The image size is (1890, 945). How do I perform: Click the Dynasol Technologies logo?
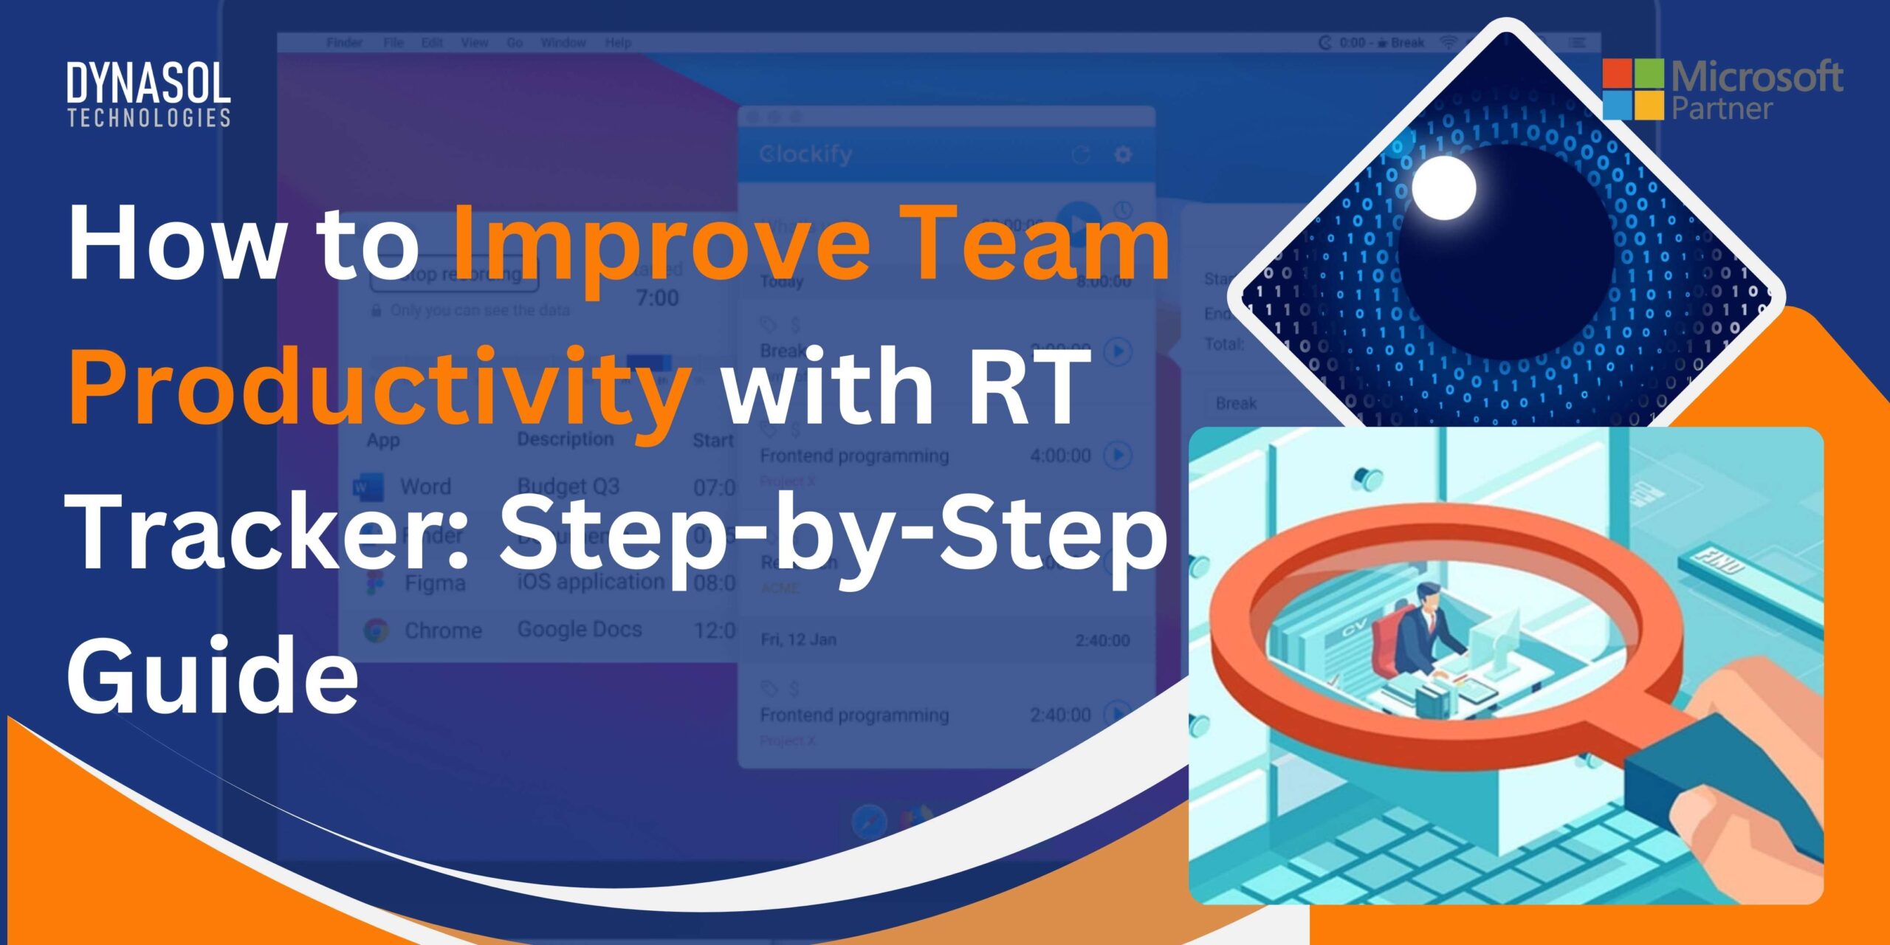tap(148, 94)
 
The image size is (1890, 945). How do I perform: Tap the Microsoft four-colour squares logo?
tap(1632, 89)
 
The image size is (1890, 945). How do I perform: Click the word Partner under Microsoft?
tap(1722, 109)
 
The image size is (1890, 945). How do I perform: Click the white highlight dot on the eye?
tap(1444, 188)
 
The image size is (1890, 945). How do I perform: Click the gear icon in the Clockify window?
tap(1122, 154)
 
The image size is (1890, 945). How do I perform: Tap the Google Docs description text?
tap(580, 629)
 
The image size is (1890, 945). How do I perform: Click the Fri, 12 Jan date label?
tap(798, 639)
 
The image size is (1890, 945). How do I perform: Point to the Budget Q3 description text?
tap(568, 487)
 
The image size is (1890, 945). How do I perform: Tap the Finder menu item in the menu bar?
tap(344, 43)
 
